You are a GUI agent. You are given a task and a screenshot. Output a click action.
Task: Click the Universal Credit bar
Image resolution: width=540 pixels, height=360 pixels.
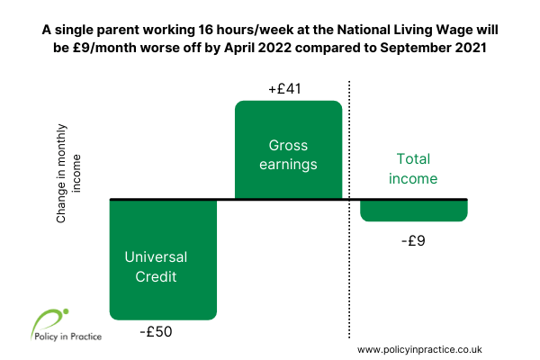coord(163,260)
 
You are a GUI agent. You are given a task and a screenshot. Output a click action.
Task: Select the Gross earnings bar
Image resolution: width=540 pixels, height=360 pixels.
coord(289,150)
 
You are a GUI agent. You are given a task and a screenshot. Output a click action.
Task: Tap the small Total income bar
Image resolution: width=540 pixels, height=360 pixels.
coord(414,211)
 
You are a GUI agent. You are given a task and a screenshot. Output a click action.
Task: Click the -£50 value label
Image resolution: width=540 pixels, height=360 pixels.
coord(156,332)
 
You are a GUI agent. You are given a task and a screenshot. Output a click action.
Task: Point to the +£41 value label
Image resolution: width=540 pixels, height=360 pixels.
coord(284,89)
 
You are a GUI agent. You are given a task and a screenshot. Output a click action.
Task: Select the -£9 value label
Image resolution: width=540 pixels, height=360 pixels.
coord(413,240)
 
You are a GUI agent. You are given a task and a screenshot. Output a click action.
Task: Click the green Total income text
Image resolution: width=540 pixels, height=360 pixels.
coord(413,169)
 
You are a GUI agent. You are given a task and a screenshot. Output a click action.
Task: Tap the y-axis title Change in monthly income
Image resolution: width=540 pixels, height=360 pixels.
coord(68,174)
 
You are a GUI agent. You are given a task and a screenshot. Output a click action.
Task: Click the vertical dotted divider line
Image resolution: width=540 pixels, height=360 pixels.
coord(349,210)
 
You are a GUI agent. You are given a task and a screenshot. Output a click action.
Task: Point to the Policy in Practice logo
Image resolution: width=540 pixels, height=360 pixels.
coord(66,325)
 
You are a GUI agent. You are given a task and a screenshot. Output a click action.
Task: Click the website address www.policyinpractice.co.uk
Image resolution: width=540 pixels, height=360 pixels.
coord(419,350)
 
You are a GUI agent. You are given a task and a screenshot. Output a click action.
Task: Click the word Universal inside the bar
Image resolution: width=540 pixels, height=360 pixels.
coord(156,257)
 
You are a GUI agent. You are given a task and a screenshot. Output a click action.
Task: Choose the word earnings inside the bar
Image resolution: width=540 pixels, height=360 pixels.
coord(288,165)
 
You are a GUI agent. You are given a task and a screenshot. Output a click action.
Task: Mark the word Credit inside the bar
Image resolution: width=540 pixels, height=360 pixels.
coord(156,276)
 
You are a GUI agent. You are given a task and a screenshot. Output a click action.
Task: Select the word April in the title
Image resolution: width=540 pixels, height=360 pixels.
coord(239,48)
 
